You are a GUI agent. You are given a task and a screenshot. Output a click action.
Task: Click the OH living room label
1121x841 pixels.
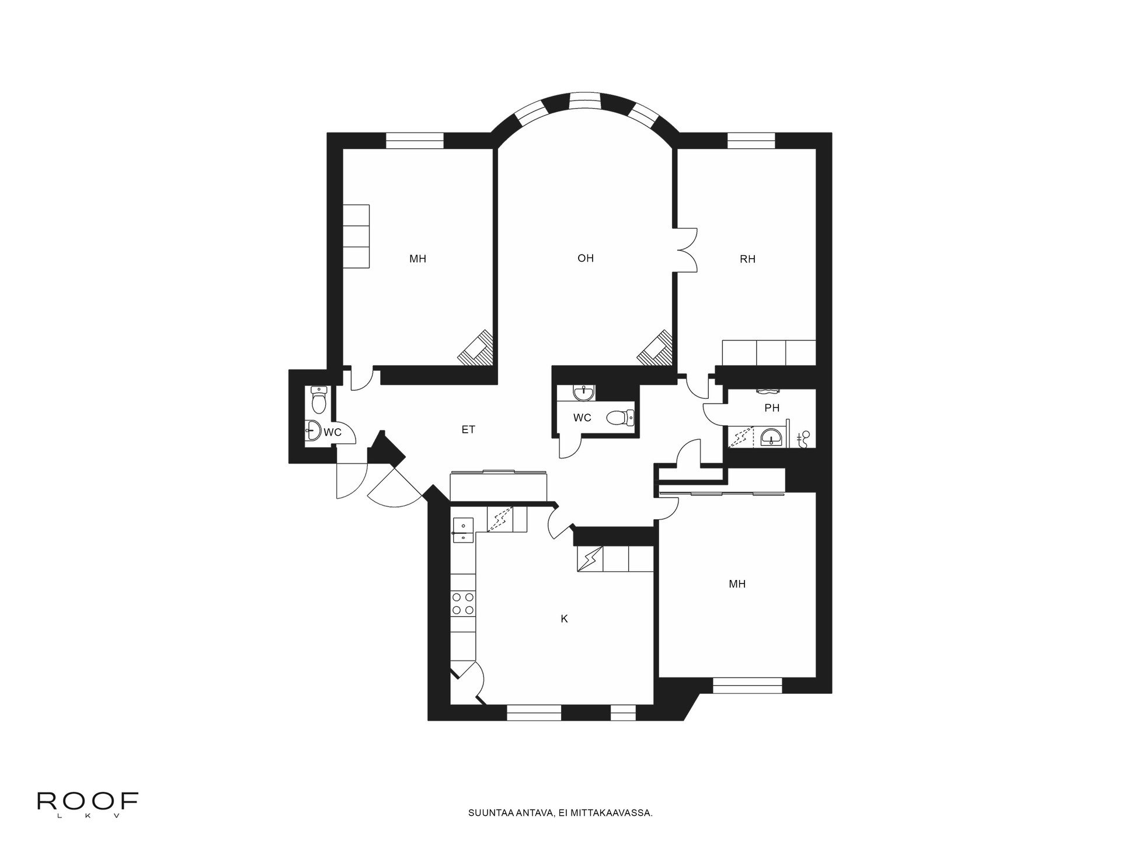pyautogui.click(x=585, y=258)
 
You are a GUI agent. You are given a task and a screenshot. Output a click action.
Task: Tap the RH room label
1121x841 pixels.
pyautogui.click(x=747, y=259)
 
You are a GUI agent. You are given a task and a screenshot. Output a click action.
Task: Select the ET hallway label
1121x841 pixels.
pyautogui.click(x=468, y=429)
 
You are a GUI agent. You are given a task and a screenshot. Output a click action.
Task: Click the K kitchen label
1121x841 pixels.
pyautogui.click(x=564, y=618)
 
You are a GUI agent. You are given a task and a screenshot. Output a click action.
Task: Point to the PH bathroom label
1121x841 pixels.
pyautogui.click(x=772, y=408)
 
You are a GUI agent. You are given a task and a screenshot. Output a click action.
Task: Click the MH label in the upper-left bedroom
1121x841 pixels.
pyautogui.click(x=417, y=258)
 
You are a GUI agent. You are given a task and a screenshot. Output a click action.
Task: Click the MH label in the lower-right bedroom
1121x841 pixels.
pyautogui.click(x=737, y=583)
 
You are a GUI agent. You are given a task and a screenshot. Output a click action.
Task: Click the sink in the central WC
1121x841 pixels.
pyautogui.click(x=584, y=392)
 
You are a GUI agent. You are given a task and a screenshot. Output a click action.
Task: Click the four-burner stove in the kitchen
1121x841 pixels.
pyautogui.click(x=463, y=603)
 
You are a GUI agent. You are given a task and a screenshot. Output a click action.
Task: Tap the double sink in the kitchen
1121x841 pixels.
pyautogui.click(x=463, y=530)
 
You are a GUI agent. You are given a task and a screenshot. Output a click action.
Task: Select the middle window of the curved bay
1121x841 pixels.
pyautogui.click(x=585, y=101)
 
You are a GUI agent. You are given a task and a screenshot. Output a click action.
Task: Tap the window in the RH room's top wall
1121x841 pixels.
pyautogui.click(x=751, y=141)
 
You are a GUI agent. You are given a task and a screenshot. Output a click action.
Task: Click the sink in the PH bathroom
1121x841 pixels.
pyautogui.click(x=772, y=436)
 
